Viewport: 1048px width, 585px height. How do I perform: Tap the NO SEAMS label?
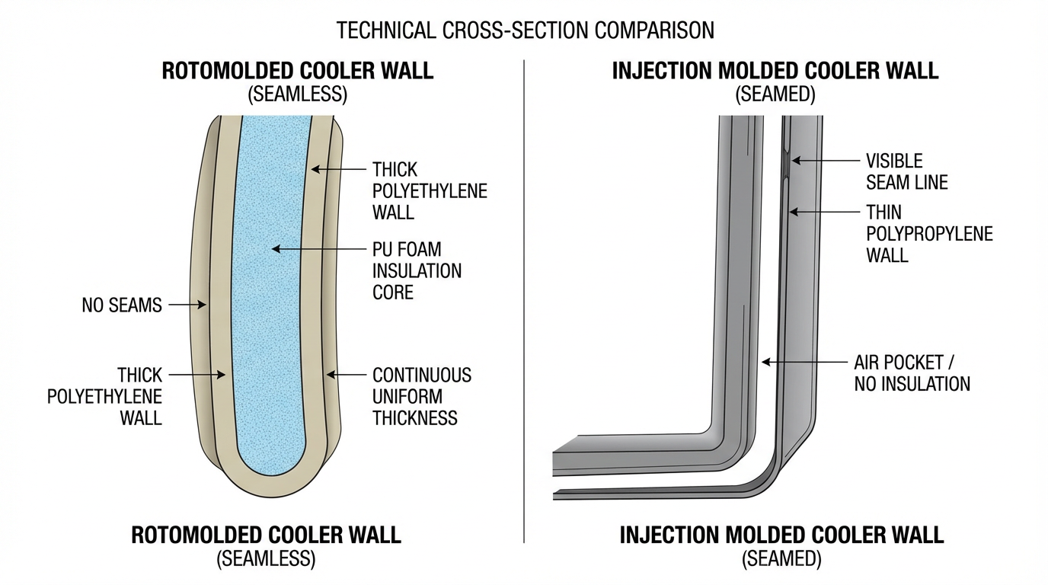(x=122, y=305)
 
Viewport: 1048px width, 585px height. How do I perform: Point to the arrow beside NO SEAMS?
(x=187, y=305)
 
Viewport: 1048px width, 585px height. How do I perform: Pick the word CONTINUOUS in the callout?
(x=422, y=375)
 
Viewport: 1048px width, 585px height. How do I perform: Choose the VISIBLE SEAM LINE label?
(x=906, y=171)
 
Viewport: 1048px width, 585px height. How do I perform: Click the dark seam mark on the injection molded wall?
(x=788, y=161)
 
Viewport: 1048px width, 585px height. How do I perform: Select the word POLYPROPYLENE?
(x=929, y=233)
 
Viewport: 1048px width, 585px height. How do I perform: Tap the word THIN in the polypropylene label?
(x=884, y=212)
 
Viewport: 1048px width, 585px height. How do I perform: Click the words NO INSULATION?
(x=912, y=384)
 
